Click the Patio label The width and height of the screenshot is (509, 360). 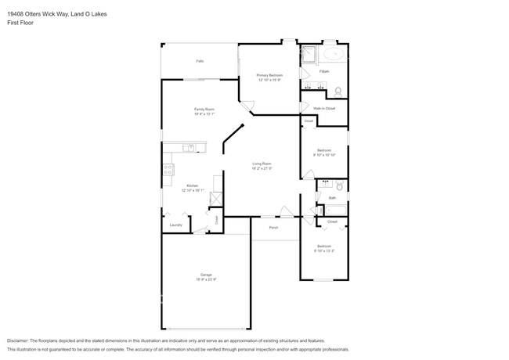pyautogui.click(x=200, y=60)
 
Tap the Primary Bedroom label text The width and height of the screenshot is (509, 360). pyautogui.click(x=269, y=75)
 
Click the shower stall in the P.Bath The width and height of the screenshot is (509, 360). pyautogui.click(x=309, y=55)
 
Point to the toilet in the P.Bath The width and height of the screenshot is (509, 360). pyautogui.click(x=338, y=90)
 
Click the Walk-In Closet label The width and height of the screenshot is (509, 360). pyautogui.click(x=323, y=108)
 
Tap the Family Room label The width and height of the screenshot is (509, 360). pyautogui.click(x=204, y=109)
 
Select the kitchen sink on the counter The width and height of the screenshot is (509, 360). pyautogui.click(x=188, y=147)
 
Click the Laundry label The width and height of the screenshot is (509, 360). pyautogui.click(x=175, y=225)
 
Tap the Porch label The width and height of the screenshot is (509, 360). pyautogui.click(x=273, y=227)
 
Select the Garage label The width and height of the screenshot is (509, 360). pyautogui.click(x=206, y=275)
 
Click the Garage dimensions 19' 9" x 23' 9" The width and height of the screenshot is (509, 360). pyautogui.click(x=206, y=279)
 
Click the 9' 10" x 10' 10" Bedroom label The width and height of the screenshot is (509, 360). pyautogui.click(x=324, y=150)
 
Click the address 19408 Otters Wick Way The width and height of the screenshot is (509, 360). pyautogui.click(x=47, y=13)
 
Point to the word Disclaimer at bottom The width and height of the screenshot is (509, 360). pyautogui.click(x=20, y=341)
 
